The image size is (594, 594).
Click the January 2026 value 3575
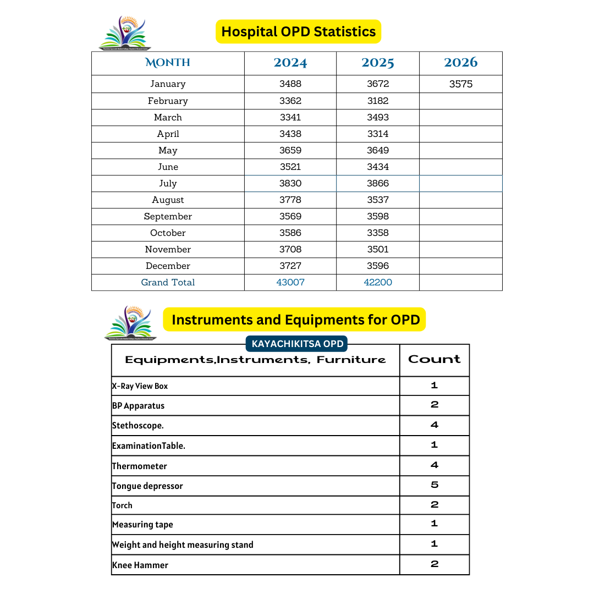click(461, 84)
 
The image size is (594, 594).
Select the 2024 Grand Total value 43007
click(290, 282)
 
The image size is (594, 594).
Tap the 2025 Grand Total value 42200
click(378, 282)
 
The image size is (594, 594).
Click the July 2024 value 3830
click(290, 183)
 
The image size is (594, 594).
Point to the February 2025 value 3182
click(378, 101)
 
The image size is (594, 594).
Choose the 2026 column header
click(461, 63)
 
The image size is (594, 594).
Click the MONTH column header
click(168, 63)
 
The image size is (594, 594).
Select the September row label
click(168, 216)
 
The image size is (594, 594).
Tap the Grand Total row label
click(168, 282)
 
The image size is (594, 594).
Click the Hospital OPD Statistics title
click(298, 31)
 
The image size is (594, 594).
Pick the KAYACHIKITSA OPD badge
click(298, 344)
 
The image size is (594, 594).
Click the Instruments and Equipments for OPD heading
click(295, 320)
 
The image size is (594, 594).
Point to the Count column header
click(435, 359)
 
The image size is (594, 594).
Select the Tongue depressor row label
click(147, 486)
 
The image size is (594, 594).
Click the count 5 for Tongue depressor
click(435, 485)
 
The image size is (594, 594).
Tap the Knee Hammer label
click(140, 565)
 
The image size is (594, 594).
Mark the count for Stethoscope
click(435, 425)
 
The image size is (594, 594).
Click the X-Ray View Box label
click(140, 386)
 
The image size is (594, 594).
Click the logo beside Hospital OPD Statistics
click(124, 33)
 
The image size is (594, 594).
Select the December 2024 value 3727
click(290, 266)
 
